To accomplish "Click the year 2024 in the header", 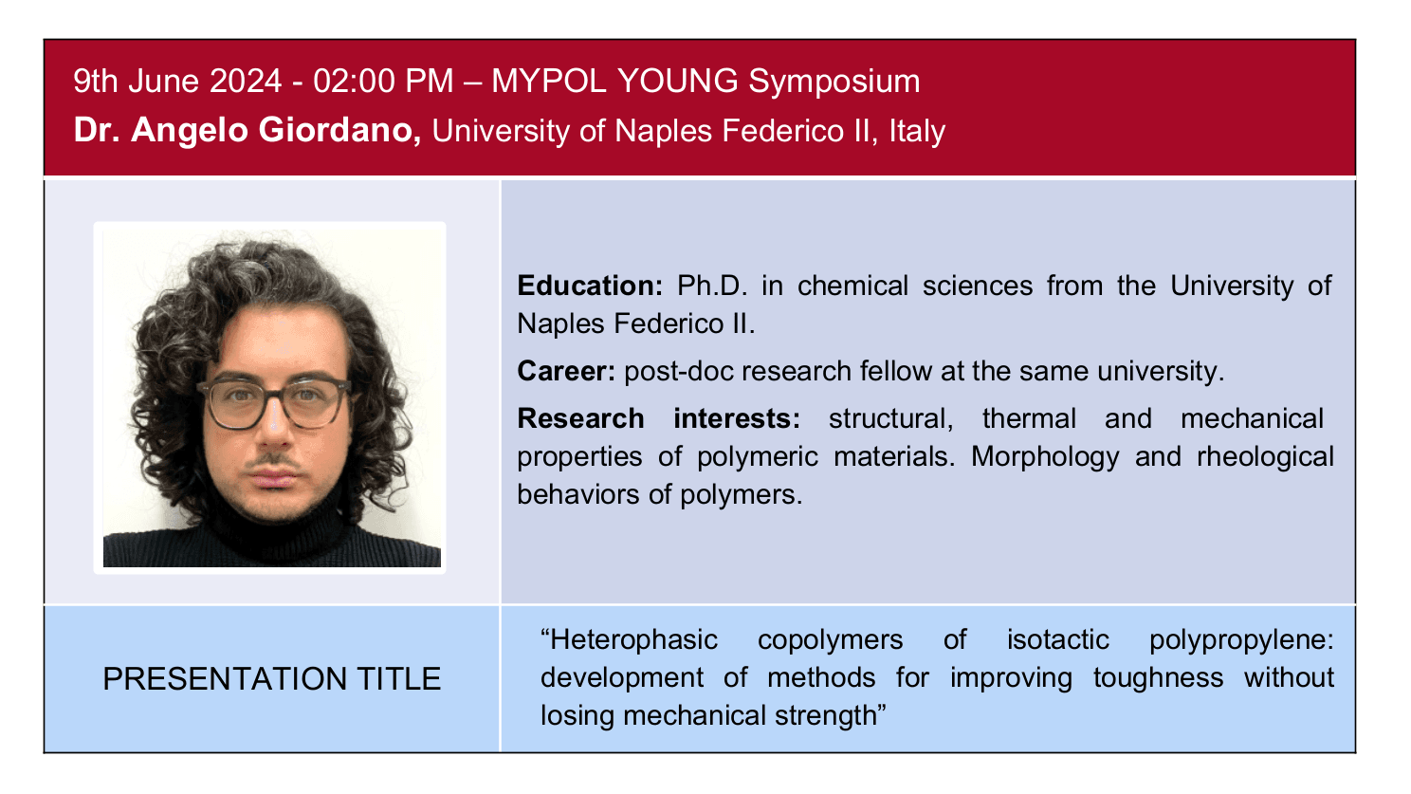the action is coord(246,82).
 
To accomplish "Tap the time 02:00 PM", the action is coord(383,82).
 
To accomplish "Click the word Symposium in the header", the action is coord(834,83).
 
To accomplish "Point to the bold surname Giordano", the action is coord(339,131).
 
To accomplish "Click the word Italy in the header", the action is coord(917,132).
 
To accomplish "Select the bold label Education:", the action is coord(590,286).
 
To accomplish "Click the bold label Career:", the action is coord(566,371).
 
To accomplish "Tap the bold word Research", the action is coord(580,418).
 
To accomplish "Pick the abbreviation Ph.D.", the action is coord(712,286).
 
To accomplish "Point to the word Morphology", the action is coord(1045,458).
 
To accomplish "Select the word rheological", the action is coord(1266,458).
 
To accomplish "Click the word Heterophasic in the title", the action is coord(630,641).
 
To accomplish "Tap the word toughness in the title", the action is coord(1159,679).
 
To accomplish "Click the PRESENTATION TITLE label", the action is coord(271,679).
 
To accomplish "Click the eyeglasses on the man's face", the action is coord(273,402).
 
